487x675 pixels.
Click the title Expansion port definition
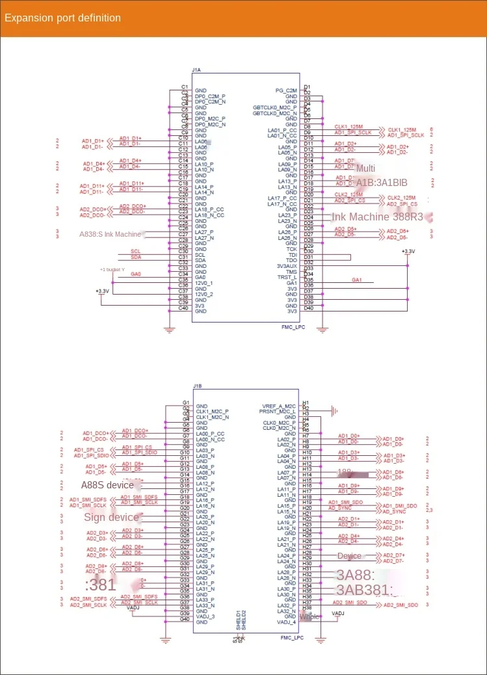(x=62, y=18)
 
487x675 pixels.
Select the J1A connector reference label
(x=196, y=70)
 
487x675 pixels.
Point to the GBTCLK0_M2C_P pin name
(x=275, y=107)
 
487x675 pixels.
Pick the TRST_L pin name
(x=287, y=278)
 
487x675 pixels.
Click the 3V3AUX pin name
(x=287, y=266)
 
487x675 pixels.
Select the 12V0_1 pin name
(x=204, y=284)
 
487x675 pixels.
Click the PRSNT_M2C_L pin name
(x=278, y=412)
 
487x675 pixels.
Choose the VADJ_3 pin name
(x=205, y=616)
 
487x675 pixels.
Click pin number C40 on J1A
(x=184, y=308)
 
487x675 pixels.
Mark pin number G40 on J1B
(x=185, y=618)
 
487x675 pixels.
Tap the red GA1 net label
(x=356, y=279)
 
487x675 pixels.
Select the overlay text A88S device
(x=107, y=484)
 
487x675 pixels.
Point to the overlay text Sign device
(x=111, y=518)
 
